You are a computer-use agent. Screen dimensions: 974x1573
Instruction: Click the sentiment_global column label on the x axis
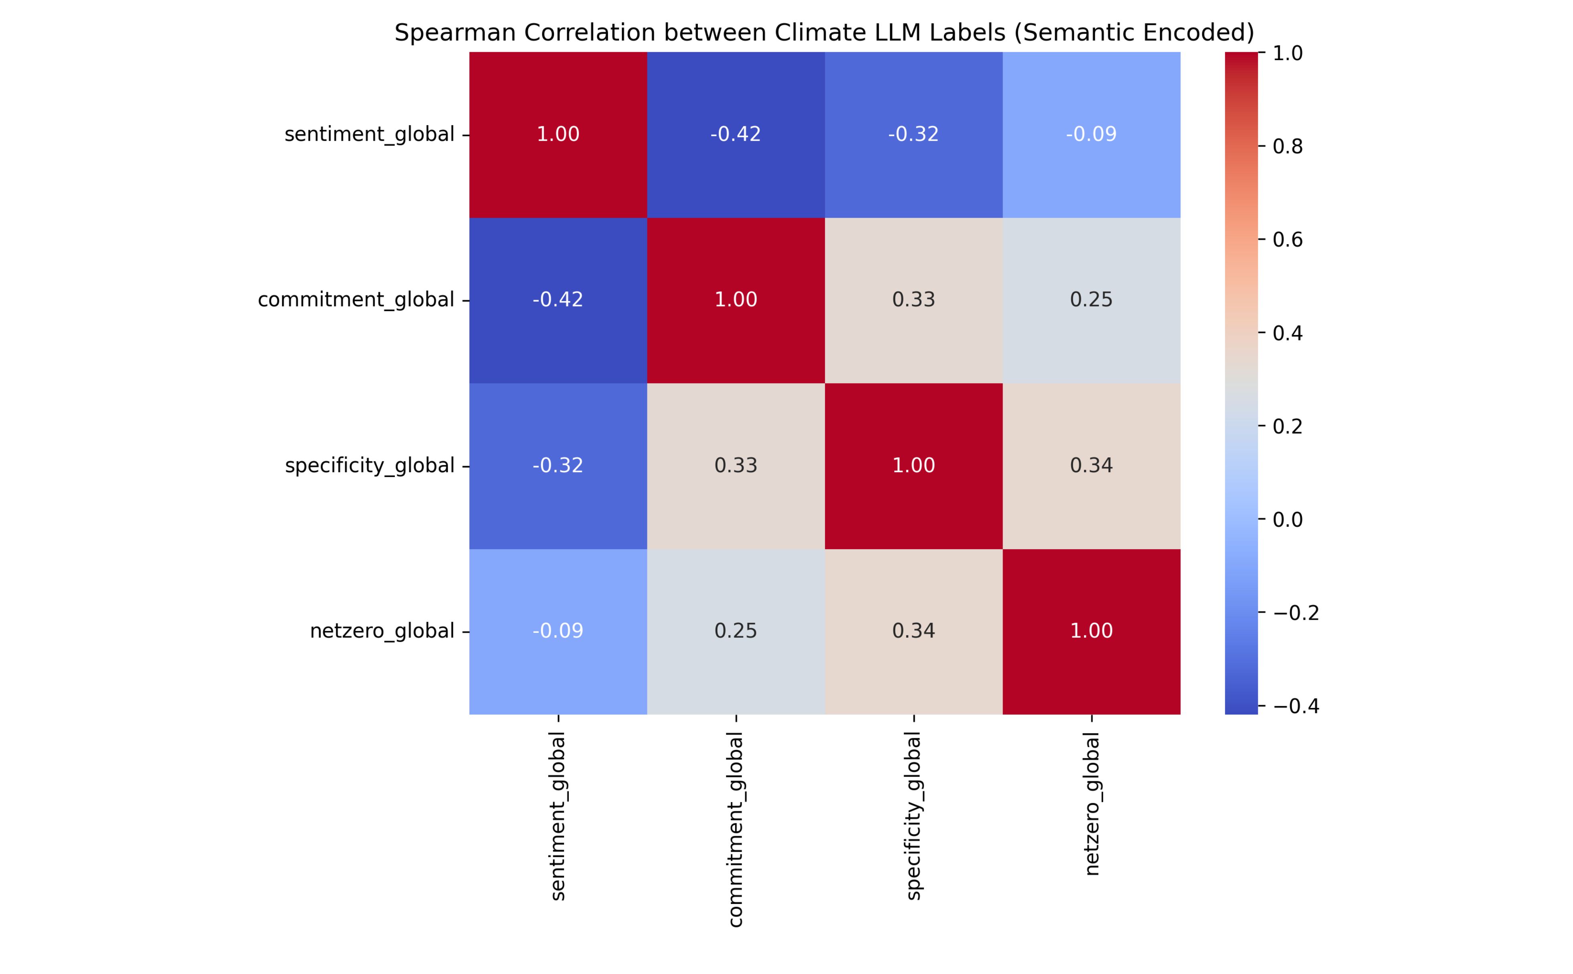(x=558, y=816)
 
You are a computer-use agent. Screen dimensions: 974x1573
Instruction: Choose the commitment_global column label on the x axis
(x=736, y=829)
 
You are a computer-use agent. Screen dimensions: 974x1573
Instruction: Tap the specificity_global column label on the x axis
(x=914, y=816)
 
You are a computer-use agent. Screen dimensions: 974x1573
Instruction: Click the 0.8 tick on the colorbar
(x=1288, y=147)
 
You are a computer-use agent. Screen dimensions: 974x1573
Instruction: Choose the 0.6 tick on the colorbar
(x=1288, y=240)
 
